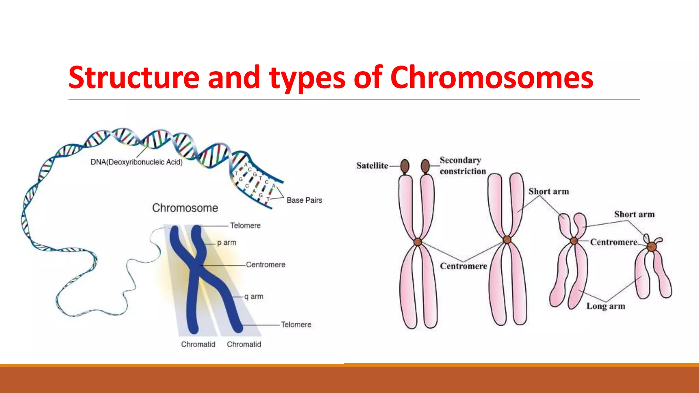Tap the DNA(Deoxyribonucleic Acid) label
point(137,162)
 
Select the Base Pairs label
point(304,200)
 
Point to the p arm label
point(227,243)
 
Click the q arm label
point(254,296)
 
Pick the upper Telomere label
point(245,225)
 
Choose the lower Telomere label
point(296,324)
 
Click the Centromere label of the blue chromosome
point(266,265)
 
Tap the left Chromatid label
point(198,344)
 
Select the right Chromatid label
point(244,344)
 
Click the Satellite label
point(372,165)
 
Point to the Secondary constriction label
point(462,165)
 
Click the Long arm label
point(606,306)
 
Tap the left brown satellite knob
point(405,166)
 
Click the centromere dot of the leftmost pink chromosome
point(418,242)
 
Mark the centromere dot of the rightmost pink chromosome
point(652,246)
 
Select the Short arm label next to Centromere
point(634,214)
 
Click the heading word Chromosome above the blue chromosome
point(185,208)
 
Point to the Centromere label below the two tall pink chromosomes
point(463,266)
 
